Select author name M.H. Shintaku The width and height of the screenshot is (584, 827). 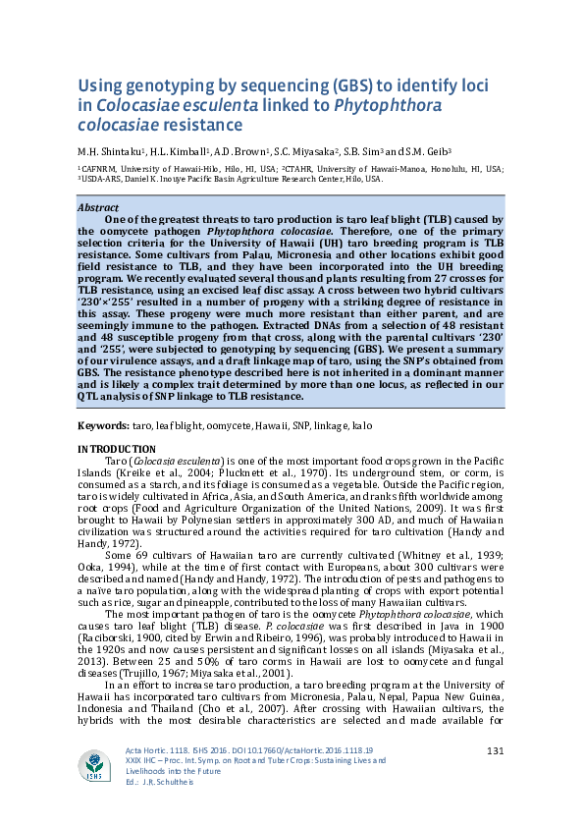pyautogui.click(x=111, y=151)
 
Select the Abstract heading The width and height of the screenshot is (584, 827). pyautogui.click(x=99, y=208)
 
